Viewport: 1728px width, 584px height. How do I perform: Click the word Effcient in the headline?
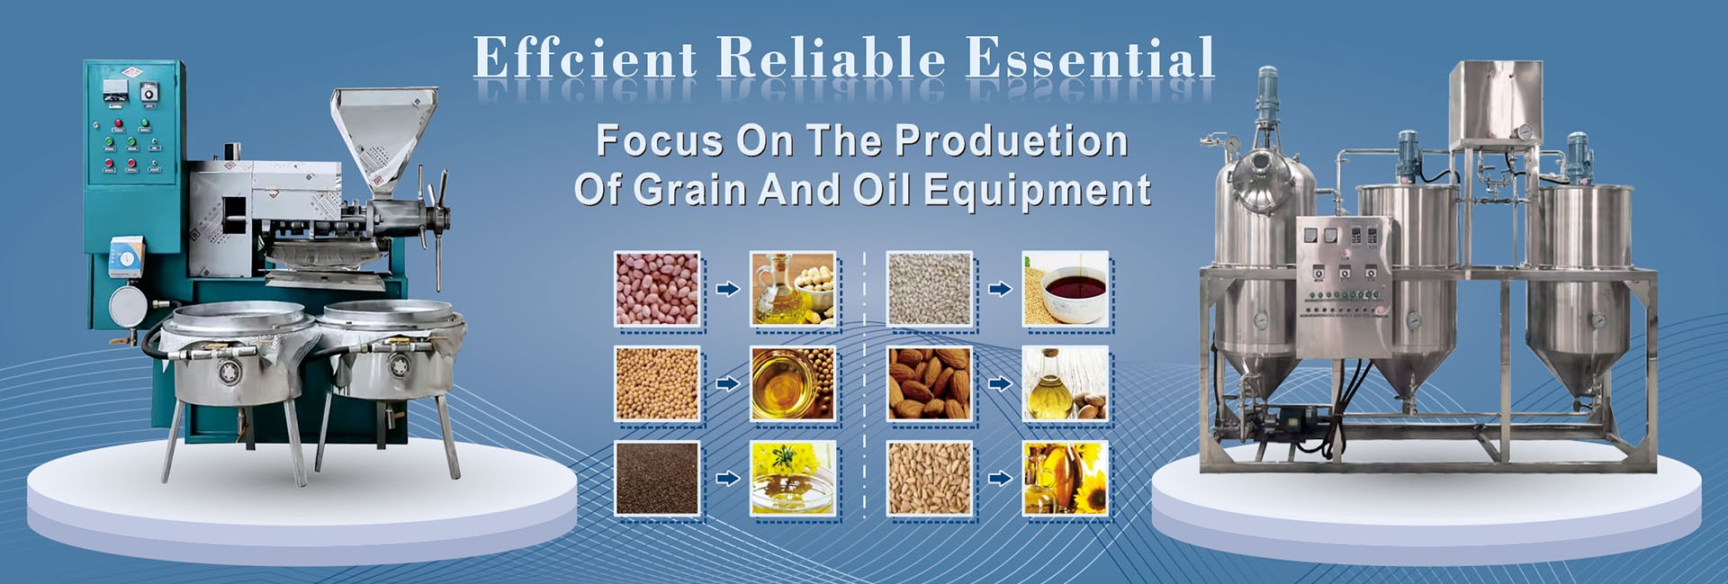585,58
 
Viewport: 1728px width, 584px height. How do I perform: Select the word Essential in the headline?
1090,58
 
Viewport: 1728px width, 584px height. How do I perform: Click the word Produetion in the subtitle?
1012,141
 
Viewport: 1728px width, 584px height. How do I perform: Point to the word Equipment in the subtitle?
1038,191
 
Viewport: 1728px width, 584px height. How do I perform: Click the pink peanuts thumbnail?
657,289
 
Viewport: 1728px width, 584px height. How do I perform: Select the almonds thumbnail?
930,384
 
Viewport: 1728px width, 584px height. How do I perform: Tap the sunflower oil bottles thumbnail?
1066,479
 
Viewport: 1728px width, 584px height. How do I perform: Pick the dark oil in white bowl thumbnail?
1066,289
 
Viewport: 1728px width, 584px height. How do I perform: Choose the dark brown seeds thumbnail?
657,479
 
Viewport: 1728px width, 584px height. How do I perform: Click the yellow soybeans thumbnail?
657,384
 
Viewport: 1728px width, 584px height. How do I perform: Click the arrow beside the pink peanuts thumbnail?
727,289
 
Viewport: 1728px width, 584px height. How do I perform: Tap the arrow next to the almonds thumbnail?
1000,384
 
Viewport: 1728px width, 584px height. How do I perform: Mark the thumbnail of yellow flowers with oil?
793,479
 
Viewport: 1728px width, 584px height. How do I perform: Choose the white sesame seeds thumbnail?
930,289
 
